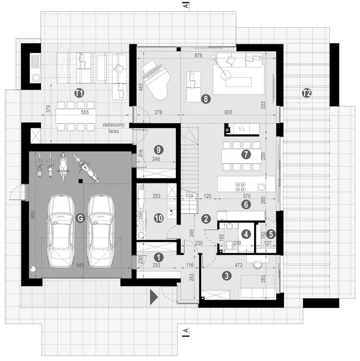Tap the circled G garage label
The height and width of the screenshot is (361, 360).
(80, 218)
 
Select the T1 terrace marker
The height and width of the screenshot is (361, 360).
(78, 93)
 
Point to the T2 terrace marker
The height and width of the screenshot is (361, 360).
(306, 93)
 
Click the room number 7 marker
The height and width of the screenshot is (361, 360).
(246, 153)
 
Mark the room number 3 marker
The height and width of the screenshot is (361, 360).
(226, 276)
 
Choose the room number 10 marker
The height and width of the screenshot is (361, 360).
(158, 218)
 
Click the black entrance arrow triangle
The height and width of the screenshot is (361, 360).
(154, 295)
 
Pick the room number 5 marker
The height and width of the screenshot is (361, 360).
(271, 233)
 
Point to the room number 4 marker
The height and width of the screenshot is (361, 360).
(246, 233)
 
